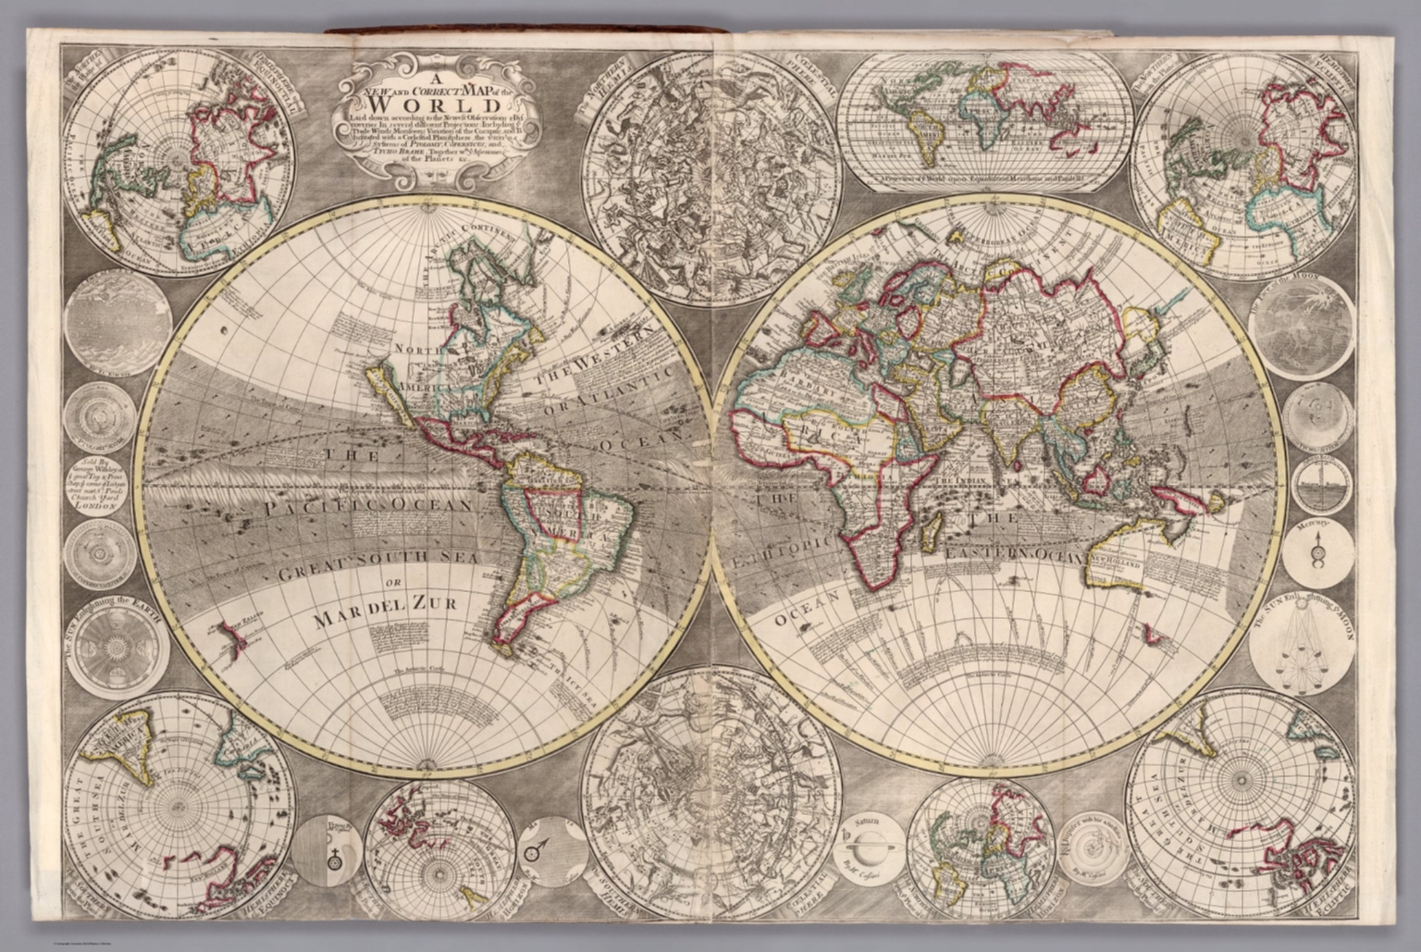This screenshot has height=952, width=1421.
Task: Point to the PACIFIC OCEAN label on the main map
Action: click(x=369, y=507)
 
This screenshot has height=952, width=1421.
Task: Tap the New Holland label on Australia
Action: click(x=1116, y=559)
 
